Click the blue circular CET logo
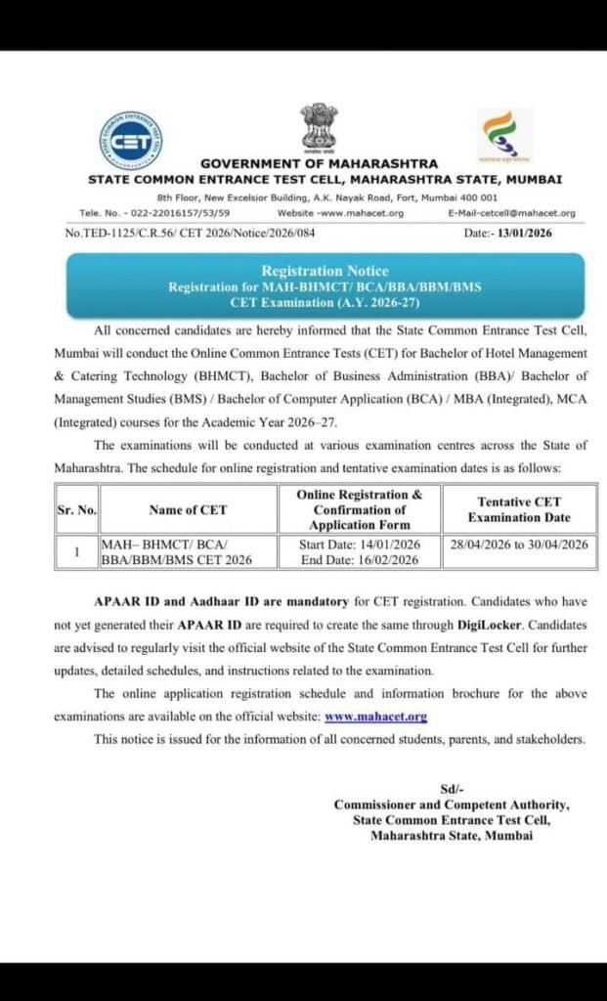(x=131, y=143)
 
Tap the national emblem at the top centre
(x=319, y=126)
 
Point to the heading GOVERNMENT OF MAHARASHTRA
(x=319, y=164)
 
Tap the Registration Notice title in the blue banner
(x=325, y=271)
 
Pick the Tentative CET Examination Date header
(x=518, y=509)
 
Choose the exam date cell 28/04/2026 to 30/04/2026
(x=519, y=544)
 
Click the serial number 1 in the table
(x=76, y=552)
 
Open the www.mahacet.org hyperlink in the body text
(x=375, y=717)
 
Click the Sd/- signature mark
(x=451, y=790)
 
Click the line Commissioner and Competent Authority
(x=451, y=805)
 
